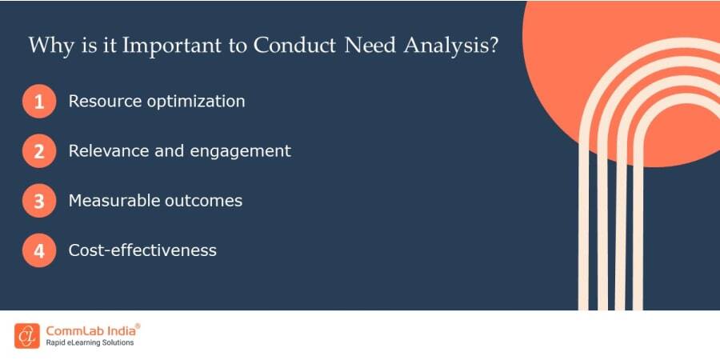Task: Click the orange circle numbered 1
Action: [x=39, y=102]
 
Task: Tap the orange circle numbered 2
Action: [x=39, y=151]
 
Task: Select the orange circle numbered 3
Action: [x=39, y=201]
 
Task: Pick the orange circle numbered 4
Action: [x=39, y=250]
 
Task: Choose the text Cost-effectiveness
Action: [x=142, y=250]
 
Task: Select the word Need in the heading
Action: [x=367, y=45]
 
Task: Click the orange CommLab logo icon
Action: [x=26, y=335]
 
